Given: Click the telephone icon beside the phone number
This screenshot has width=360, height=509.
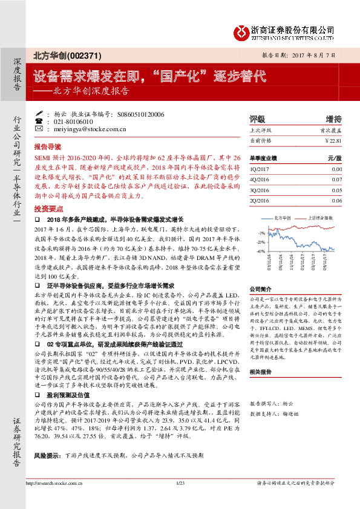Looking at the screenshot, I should pos(39,121).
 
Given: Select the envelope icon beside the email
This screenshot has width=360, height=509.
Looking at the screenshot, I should pos(39,129).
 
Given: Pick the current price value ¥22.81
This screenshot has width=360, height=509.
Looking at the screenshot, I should pos(333,140).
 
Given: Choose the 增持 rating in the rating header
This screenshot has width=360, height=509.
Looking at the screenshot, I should pos(333,119).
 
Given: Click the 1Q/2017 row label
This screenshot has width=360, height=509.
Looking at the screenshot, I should pos(261,170).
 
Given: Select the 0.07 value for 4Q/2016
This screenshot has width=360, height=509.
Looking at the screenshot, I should pos(337,180).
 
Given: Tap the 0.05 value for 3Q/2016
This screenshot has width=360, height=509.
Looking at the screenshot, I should pos(337,190).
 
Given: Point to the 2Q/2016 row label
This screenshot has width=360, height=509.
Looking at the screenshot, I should pos(261,200).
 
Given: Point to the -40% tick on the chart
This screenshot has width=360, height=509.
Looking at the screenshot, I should pos(261,250).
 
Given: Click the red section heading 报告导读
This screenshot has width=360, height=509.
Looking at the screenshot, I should pos(48,147).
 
